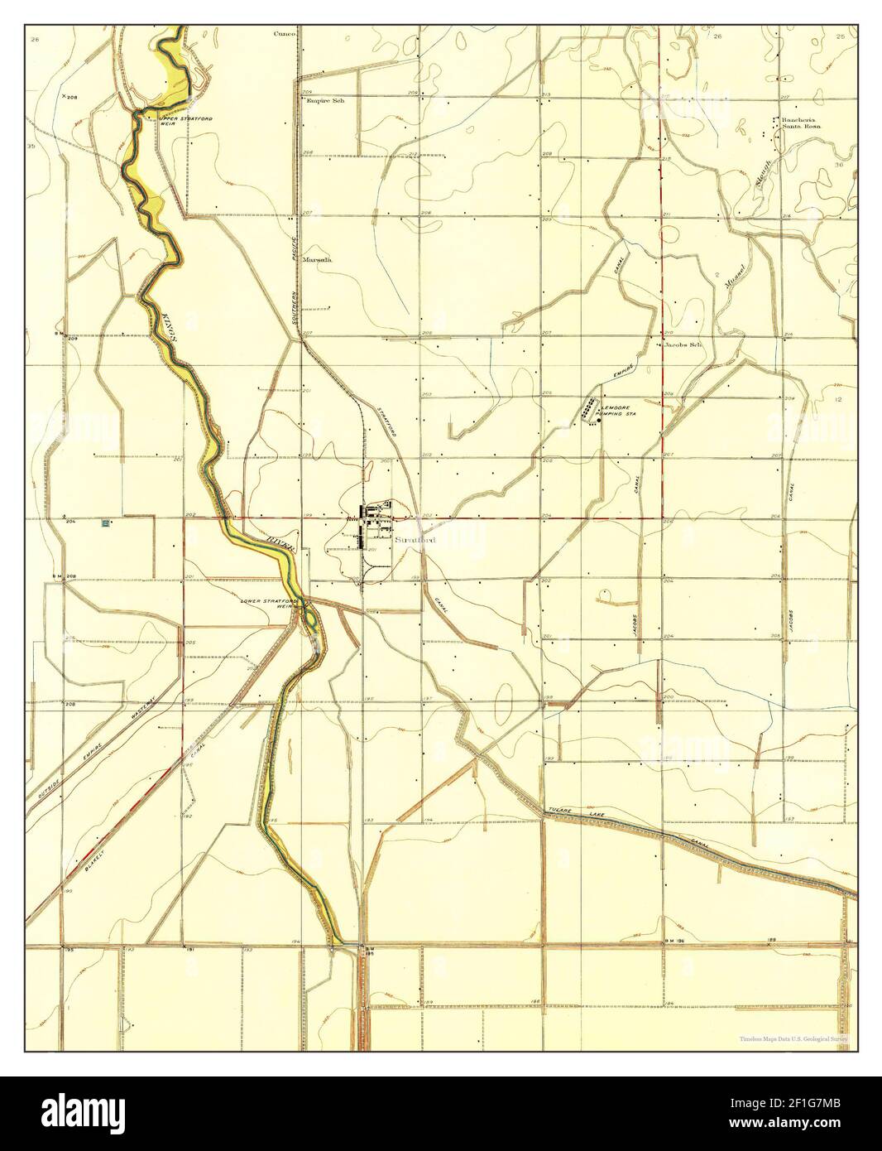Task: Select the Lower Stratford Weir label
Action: (x=264, y=604)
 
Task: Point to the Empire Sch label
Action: (x=324, y=100)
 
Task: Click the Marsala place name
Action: (x=318, y=259)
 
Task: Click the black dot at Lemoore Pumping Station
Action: (x=598, y=420)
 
